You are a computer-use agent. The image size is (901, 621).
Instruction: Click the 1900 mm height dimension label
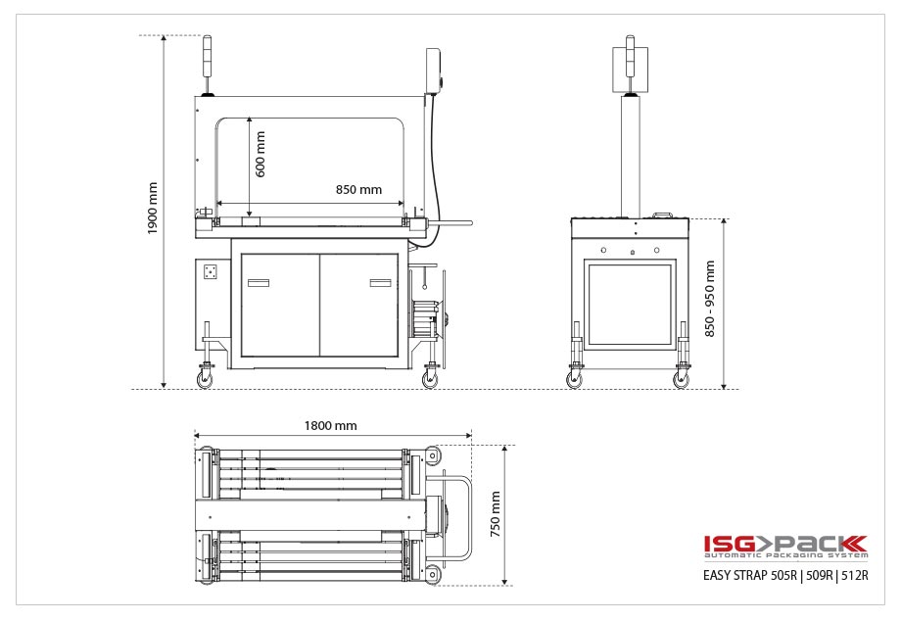click(x=152, y=208)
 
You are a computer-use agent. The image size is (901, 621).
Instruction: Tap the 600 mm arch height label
click(x=261, y=154)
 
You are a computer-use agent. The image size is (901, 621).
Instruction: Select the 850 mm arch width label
click(x=358, y=190)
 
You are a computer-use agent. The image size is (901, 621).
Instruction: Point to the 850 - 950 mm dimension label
click(x=710, y=298)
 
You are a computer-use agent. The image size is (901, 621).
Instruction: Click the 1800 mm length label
click(x=331, y=425)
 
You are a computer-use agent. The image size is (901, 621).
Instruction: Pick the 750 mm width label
click(x=496, y=514)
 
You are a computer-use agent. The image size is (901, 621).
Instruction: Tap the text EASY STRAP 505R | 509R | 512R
click(x=785, y=575)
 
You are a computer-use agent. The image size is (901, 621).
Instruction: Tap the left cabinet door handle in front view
click(x=259, y=283)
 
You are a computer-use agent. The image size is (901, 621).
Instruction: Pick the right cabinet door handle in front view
click(x=380, y=283)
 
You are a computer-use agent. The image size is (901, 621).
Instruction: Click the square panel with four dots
click(x=209, y=271)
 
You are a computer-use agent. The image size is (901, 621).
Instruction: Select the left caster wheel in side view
click(x=574, y=379)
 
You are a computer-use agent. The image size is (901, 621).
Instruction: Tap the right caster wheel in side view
click(x=681, y=379)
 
